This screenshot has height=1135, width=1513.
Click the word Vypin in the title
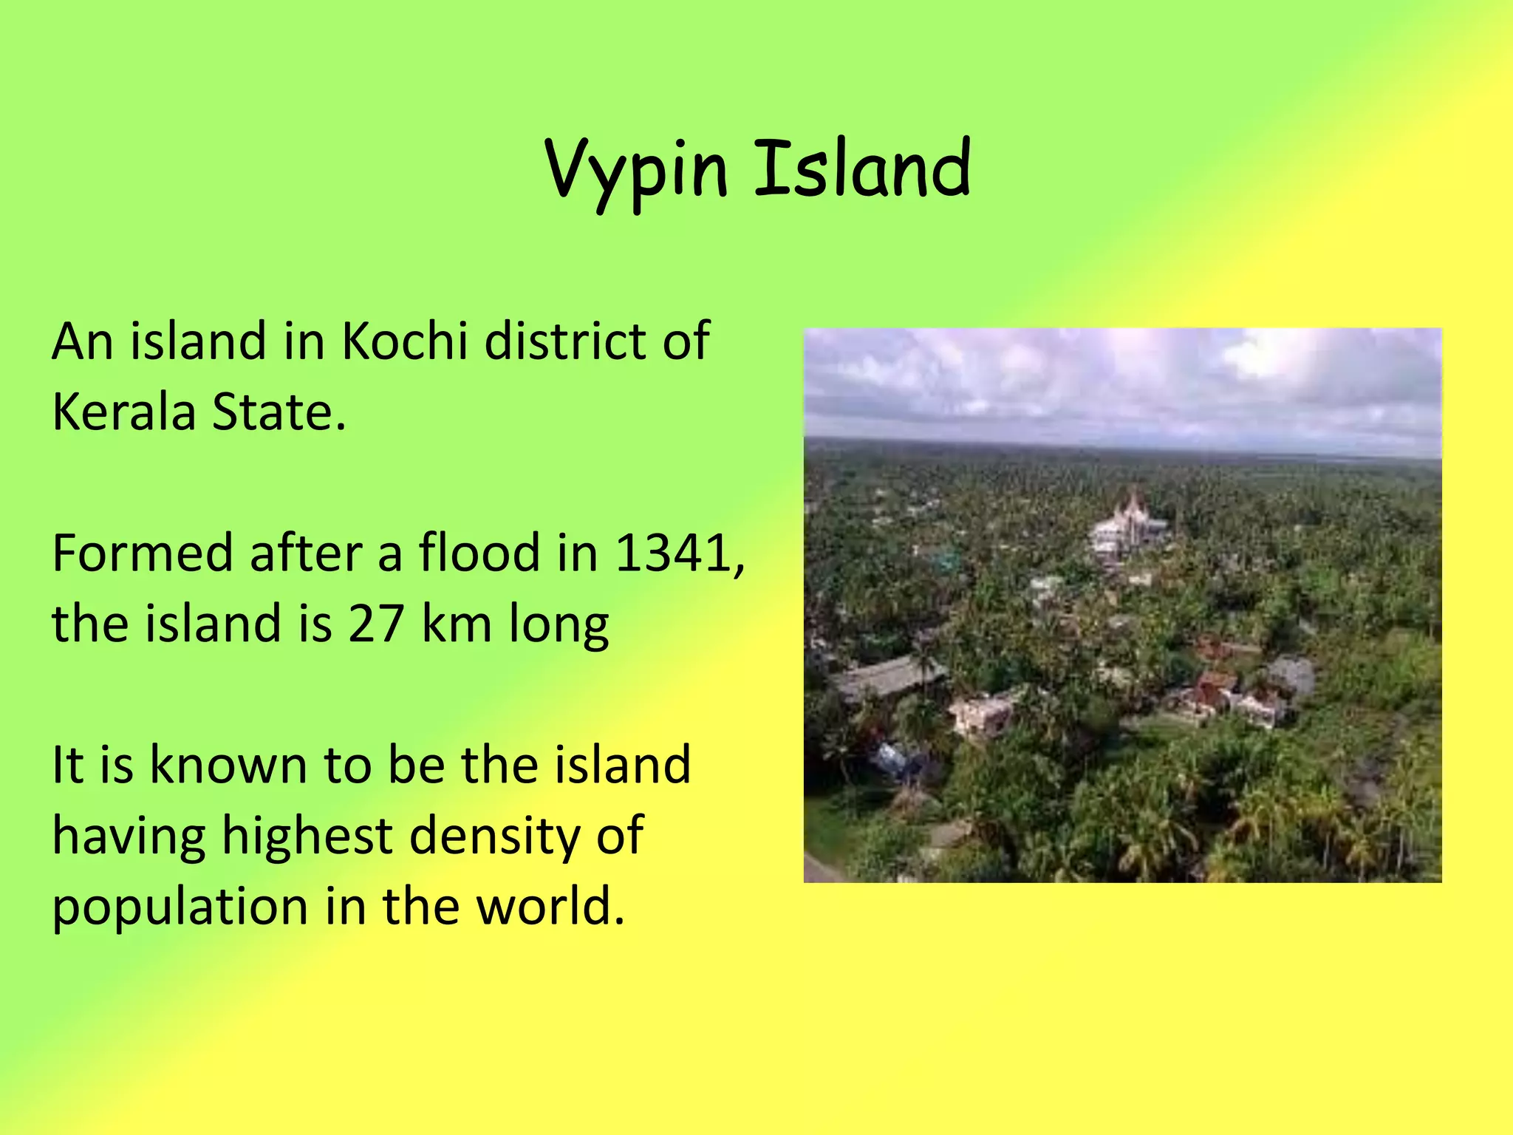637,171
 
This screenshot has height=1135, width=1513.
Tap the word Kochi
404,341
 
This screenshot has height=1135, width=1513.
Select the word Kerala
123,412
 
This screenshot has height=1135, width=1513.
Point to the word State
279,412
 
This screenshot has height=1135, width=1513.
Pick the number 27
375,624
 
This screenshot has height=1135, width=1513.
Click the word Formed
142,553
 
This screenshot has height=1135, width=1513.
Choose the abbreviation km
456,624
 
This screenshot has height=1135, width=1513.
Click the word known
228,765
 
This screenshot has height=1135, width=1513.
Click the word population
180,908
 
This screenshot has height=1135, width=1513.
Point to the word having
128,837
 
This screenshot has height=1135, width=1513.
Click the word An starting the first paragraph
81,341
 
